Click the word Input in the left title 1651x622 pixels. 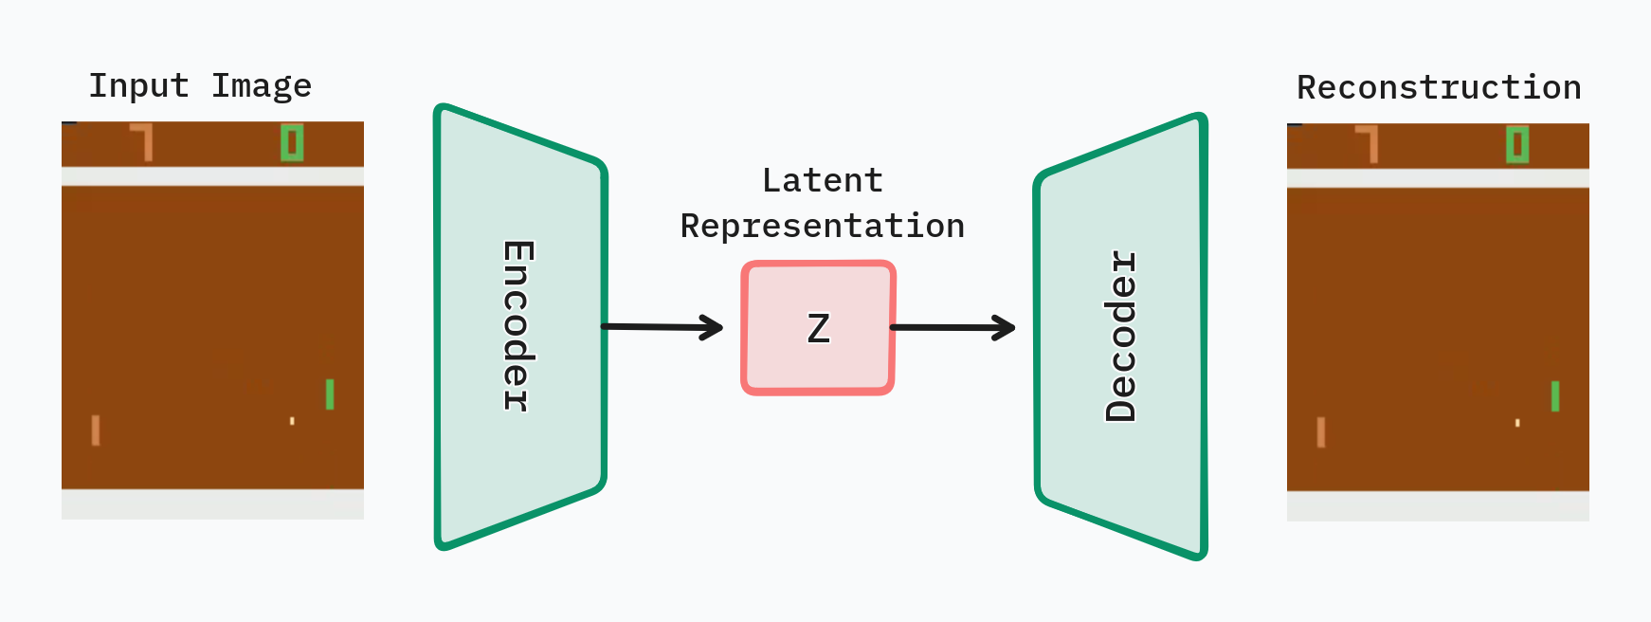coord(138,86)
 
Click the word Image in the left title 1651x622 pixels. coord(262,86)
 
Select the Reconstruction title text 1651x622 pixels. coord(1439,88)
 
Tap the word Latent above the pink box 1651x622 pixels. coord(823,180)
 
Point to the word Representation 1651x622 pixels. coord(823,227)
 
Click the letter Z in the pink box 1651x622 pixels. coord(819,329)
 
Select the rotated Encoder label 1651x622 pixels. coord(517,325)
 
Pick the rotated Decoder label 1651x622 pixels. coord(1121,336)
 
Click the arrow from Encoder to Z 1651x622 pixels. coord(663,327)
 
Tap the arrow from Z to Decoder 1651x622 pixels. coord(953,328)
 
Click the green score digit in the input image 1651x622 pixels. coord(292,143)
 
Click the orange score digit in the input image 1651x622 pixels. coord(143,141)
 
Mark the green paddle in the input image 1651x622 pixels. coord(330,394)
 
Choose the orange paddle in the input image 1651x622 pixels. coord(96,430)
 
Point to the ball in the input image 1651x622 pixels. coord(292,421)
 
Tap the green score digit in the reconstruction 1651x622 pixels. coord(1517,145)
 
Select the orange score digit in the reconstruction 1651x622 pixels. coord(1369,143)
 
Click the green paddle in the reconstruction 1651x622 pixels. coord(1555,396)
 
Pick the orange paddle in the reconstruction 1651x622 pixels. coord(1321,432)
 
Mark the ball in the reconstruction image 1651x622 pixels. coord(1517,423)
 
